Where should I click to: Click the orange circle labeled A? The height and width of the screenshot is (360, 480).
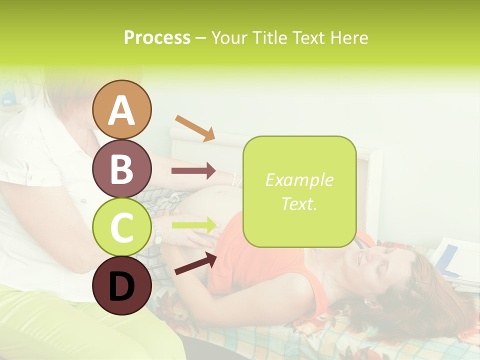pos(122,109)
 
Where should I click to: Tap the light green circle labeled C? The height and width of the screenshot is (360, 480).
pos(122,227)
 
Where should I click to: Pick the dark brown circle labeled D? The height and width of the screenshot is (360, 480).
pos(122,286)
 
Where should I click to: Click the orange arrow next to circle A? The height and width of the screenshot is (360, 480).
pos(195,128)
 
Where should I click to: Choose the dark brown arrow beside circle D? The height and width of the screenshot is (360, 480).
pos(195,263)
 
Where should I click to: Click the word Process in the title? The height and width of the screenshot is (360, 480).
pos(157,37)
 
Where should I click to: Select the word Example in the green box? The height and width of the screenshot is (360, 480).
pos(299,180)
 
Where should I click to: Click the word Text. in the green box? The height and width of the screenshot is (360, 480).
pos(299,203)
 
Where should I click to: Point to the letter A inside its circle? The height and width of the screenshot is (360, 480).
pos(122,110)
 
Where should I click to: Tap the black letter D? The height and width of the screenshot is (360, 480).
pos(121,287)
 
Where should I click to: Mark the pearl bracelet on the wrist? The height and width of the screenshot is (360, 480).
pos(233,178)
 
